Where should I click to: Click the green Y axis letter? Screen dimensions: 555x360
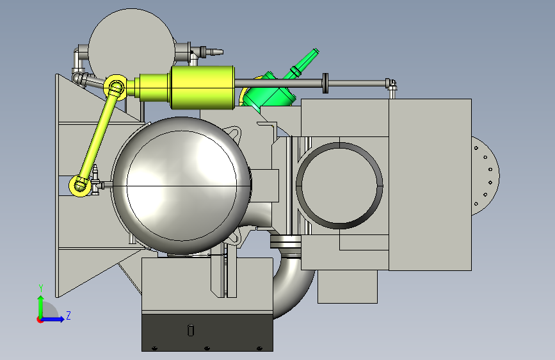(x=41, y=288)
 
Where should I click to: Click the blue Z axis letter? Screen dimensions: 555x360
(x=68, y=315)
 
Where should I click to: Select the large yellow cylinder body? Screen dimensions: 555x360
(x=202, y=87)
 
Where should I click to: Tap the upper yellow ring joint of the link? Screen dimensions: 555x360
(x=116, y=87)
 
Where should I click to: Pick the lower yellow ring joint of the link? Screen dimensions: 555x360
(x=80, y=185)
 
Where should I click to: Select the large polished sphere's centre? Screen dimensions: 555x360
(x=181, y=185)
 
